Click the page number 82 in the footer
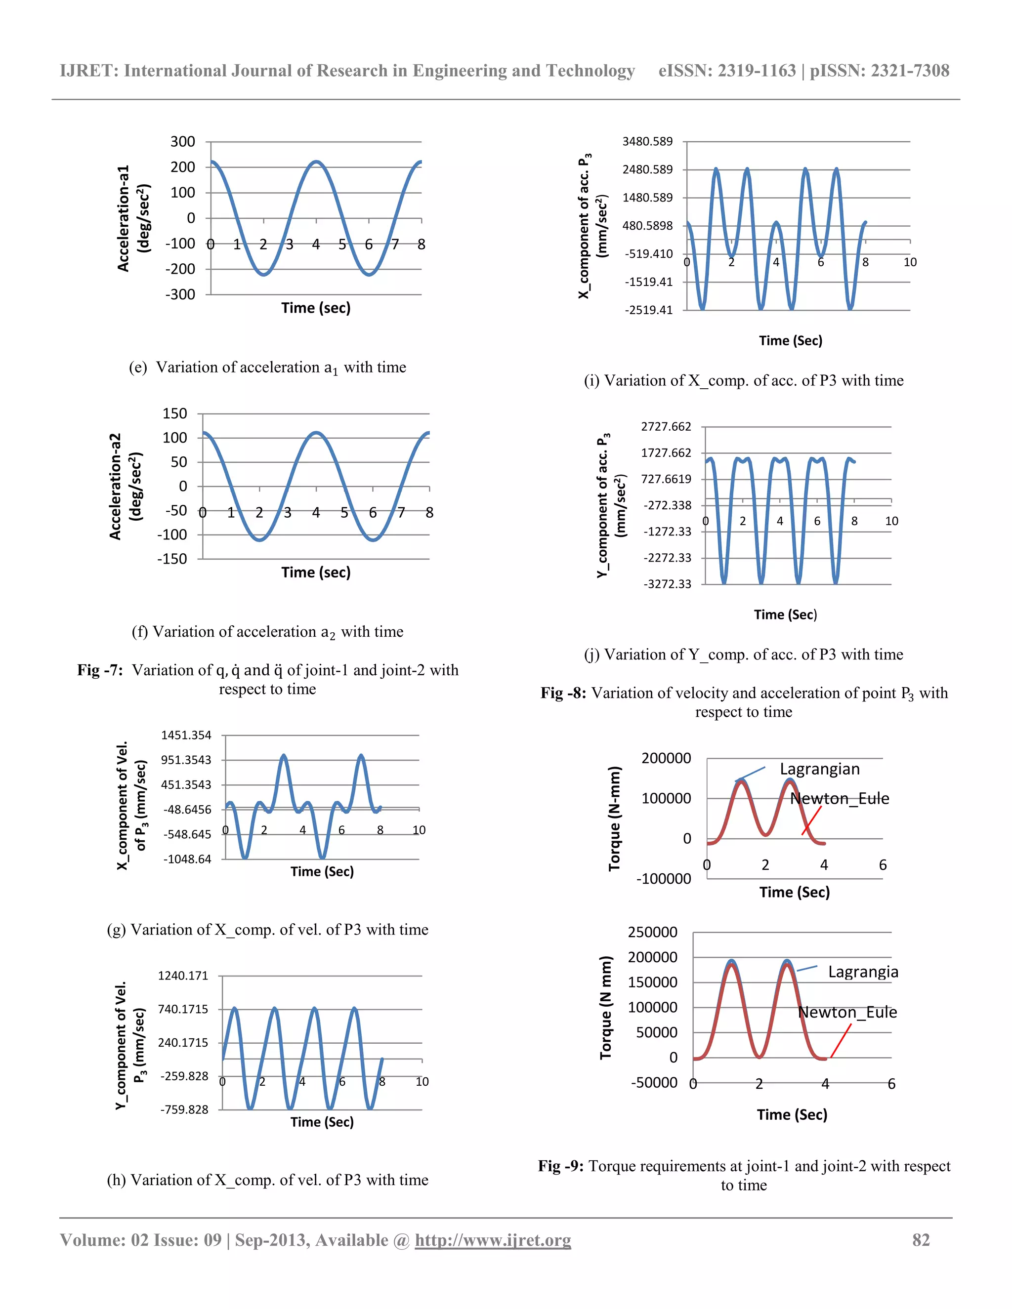pos(921,1240)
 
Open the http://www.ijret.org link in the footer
pos(492,1240)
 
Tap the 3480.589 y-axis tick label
pos(647,141)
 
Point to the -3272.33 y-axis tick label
pos(667,584)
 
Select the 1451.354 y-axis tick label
pos(186,735)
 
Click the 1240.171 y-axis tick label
pos(183,976)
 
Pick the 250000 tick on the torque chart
pos(652,932)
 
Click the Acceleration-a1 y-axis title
pos(124,218)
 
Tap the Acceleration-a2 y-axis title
pos(116,486)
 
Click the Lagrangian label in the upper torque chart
pos(820,769)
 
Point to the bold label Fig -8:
pos(563,693)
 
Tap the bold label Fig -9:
pos(560,1166)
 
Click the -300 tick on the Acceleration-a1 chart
pos(180,294)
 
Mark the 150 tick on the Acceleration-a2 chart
pos(174,413)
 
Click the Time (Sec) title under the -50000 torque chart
pos(792,1114)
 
